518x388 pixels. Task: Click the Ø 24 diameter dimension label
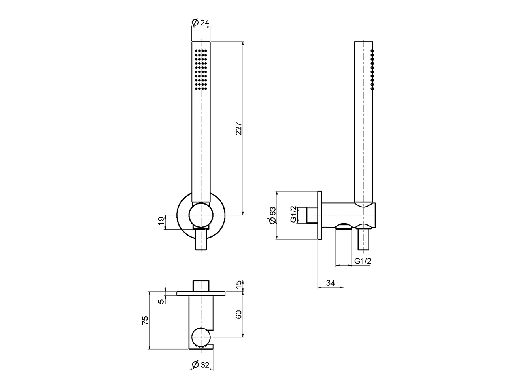pyautogui.click(x=201, y=23)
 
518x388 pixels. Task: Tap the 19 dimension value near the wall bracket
pyautogui.click(x=161, y=221)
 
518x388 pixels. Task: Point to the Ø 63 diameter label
pyautogui.click(x=272, y=215)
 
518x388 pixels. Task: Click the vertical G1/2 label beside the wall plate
pyautogui.click(x=294, y=215)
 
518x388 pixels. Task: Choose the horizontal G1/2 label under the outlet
pyautogui.click(x=363, y=261)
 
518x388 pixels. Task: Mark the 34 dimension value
pyautogui.click(x=331, y=283)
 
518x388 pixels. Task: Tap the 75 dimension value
pyautogui.click(x=146, y=320)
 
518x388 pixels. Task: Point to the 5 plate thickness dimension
pyautogui.click(x=161, y=301)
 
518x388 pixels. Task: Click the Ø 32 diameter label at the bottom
pyautogui.click(x=201, y=365)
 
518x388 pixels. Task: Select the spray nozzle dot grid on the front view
pyautogui.click(x=201, y=69)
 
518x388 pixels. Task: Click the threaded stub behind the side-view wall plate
pyautogui.click(x=312, y=215)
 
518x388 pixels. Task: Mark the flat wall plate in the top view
pyautogui.click(x=201, y=293)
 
